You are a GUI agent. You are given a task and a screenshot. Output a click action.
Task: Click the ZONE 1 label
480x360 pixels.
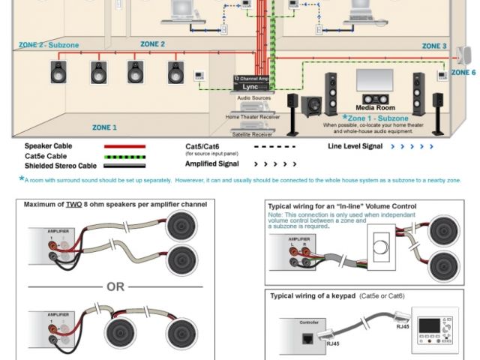click(104, 127)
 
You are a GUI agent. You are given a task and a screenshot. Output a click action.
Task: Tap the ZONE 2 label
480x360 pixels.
click(152, 44)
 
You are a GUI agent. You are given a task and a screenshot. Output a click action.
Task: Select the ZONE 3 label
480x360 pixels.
click(434, 46)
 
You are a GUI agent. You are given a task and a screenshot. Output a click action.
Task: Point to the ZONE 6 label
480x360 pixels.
click(463, 73)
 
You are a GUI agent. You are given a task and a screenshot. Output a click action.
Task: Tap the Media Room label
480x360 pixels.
click(375, 107)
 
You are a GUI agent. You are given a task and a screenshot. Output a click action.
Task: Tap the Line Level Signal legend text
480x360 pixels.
click(357, 146)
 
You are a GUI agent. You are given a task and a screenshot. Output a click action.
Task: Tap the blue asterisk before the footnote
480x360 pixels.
click(21, 178)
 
